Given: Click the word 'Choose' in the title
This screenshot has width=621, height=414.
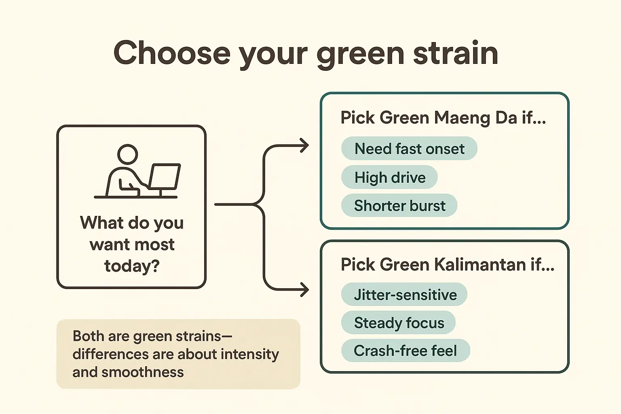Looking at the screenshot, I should tap(172, 53).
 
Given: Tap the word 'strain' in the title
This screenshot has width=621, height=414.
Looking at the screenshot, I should tap(455, 53).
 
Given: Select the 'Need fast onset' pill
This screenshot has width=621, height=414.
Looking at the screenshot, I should tap(409, 149).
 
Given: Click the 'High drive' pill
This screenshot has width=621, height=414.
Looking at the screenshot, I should tap(389, 177).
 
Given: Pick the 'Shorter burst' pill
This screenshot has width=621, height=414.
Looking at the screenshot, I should tap(399, 206).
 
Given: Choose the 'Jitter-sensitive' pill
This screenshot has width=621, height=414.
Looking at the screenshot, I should tap(404, 295).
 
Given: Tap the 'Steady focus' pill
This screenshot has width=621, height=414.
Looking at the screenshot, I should tap(399, 323).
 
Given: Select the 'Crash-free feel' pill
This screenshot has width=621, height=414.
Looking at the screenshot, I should tap(406, 351).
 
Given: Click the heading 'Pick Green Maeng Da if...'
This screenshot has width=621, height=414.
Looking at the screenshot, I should tap(443, 118).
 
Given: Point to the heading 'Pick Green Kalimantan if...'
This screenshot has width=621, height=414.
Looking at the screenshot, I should tap(448, 265).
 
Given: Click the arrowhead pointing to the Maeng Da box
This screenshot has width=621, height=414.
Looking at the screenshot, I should tap(304, 146).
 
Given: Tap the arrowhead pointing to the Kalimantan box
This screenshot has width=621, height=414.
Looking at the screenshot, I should tap(304, 289).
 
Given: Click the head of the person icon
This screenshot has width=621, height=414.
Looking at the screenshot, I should tap(127, 154).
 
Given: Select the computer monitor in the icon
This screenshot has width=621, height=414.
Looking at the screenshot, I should tap(165, 176).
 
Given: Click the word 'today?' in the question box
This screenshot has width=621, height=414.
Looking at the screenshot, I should tap(132, 266).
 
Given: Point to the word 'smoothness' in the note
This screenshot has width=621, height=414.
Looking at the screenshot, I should tap(142, 372).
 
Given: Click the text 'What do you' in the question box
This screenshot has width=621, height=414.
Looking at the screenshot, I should tap(132, 223).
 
